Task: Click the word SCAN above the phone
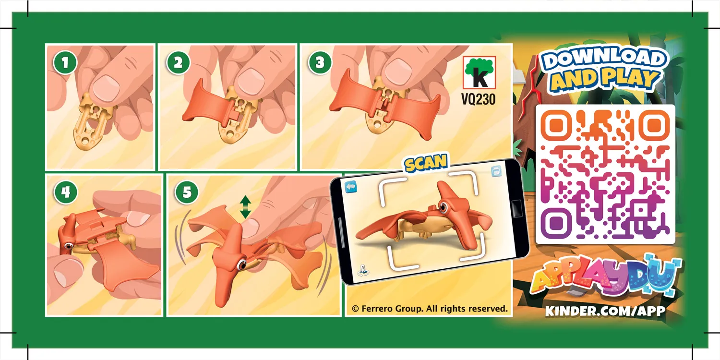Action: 426,163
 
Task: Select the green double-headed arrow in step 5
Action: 245,207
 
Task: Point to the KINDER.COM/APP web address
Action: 605,311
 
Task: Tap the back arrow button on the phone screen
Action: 352,185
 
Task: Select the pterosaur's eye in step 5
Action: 240,264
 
